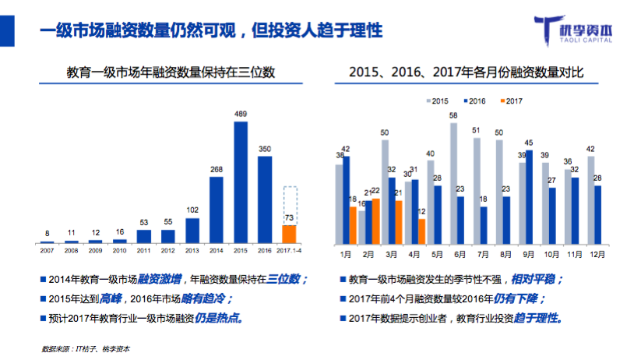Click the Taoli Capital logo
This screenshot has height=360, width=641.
click(580, 30)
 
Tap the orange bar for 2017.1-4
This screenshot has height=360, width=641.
click(289, 233)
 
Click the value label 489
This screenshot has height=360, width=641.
click(241, 115)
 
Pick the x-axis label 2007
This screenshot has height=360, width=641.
click(47, 249)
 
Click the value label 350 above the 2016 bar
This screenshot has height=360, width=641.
click(265, 149)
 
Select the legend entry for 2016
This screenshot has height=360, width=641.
click(474, 101)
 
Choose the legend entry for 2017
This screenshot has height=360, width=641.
click(510, 101)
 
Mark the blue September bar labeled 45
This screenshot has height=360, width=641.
click(529, 196)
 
